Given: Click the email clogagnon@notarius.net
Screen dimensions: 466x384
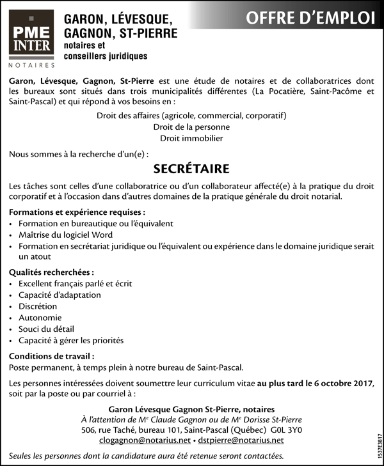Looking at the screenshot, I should (145, 440).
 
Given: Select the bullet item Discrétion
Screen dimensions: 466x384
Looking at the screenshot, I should (38, 306).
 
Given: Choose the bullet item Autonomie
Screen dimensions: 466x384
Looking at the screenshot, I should (40, 318).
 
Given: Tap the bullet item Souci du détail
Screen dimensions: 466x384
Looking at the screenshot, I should (46, 329).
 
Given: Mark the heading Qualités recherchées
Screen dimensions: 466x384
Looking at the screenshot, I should (51, 272).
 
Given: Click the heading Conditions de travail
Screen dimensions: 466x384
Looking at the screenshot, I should (52, 356).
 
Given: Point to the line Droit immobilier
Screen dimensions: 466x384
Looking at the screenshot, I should (191, 138).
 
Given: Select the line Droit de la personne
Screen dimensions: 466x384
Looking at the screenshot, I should (191, 127).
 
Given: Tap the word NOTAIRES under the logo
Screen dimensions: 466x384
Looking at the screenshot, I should (31, 65).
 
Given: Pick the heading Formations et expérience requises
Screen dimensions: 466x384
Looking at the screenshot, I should (77, 212).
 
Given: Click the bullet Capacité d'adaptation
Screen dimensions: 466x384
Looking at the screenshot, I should (60, 295).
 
